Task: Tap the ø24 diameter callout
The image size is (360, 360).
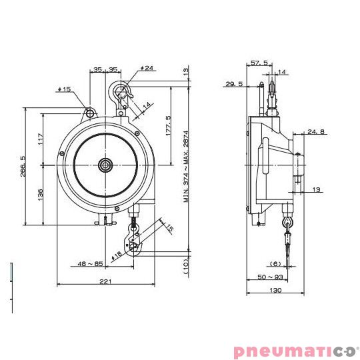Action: [148, 68]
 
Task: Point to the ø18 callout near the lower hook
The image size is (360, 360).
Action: [118, 253]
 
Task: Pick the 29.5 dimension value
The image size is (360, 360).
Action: [234, 84]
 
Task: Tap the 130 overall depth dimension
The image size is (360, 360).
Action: [275, 290]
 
